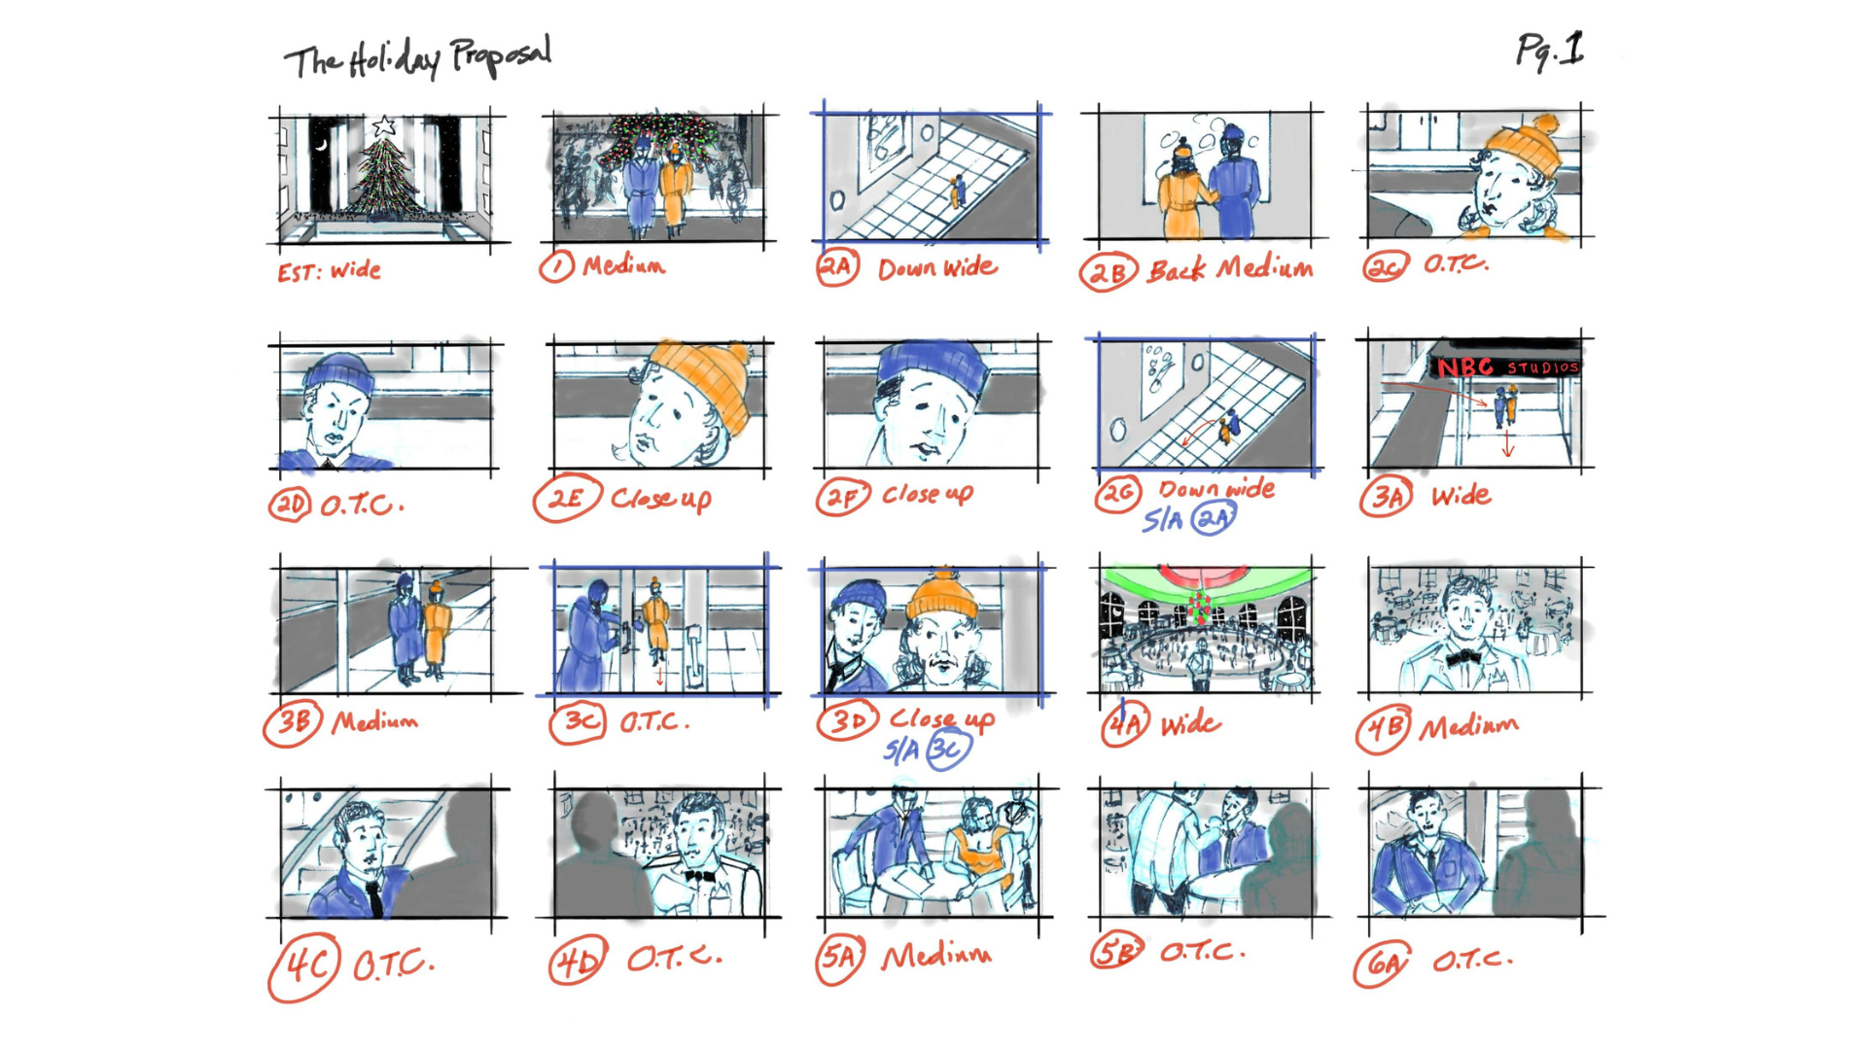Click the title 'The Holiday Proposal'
click(x=418, y=58)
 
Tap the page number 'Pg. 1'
click(x=1550, y=51)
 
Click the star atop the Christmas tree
click(x=384, y=125)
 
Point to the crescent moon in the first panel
click(x=321, y=146)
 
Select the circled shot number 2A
click(x=837, y=267)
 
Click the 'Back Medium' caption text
click(x=1230, y=268)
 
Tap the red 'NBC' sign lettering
click(x=1464, y=367)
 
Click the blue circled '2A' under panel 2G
click(x=1214, y=519)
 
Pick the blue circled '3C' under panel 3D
click(x=948, y=750)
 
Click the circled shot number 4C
click(x=304, y=966)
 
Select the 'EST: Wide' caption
click(x=329, y=271)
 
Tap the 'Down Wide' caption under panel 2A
click(x=937, y=267)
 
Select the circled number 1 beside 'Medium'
click(x=557, y=266)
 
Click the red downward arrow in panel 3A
click(x=1508, y=444)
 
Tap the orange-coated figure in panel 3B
click(x=435, y=630)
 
